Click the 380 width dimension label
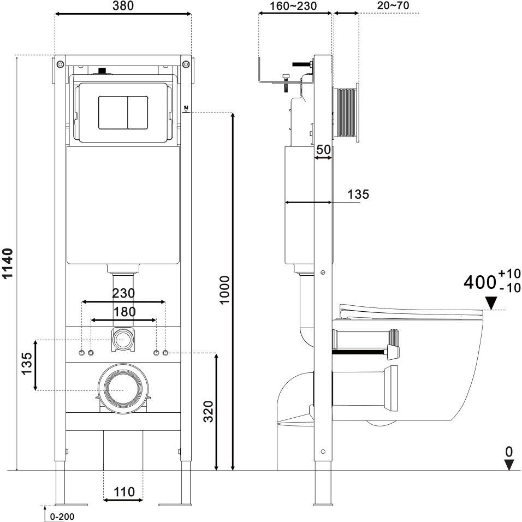(x=123, y=5)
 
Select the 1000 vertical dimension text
(x=225, y=289)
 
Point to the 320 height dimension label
(x=209, y=412)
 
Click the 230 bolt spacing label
(x=123, y=293)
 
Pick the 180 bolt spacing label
(x=124, y=312)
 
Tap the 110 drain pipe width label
(x=124, y=492)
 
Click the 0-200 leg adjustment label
(x=62, y=517)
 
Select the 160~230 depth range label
(x=293, y=6)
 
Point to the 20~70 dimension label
(x=393, y=5)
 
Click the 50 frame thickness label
(x=324, y=150)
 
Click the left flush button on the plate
(x=113, y=112)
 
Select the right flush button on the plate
(x=138, y=112)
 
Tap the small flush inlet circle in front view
(x=123, y=339)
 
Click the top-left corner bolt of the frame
(x=60, y=64)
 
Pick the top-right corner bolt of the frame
(x=186, y=64)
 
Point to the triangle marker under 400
(x=491, y=303)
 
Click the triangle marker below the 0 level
(x=509, y=465)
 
